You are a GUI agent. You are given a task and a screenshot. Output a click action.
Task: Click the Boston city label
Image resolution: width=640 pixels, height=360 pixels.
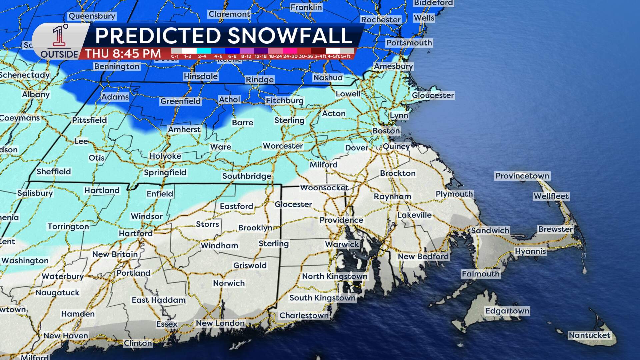pyautogui.click(x=386, y=131)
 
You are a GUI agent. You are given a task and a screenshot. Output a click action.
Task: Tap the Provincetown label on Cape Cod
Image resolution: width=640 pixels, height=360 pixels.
pyautogui.click(x=522, y=176)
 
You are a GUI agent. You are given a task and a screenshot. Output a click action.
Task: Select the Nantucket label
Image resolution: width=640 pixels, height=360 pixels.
pyautogui.click(x=589, y=335)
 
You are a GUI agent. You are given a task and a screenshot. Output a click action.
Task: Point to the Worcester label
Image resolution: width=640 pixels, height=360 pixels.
pyautogui.click(x=283, y=146)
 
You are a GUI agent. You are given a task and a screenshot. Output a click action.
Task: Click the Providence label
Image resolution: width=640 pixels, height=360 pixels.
pyautogui.click(x=341, y=220)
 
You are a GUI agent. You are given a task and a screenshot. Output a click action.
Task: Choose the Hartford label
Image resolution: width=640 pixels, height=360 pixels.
pyautogui.click(x=136, y=233)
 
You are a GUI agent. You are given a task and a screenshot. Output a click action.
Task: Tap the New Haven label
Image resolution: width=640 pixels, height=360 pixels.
pyautogui.click(x=66, y=336)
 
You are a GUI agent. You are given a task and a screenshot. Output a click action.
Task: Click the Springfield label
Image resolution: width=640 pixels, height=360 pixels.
pyautogui.click(x=165, y=172)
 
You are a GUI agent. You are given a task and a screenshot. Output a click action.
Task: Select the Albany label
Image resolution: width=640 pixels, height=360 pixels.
pyautogui.click(x=36, y=94)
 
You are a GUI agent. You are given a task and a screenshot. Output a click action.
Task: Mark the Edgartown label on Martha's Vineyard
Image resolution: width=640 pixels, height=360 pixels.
pyautogui.click(x=507, y=311)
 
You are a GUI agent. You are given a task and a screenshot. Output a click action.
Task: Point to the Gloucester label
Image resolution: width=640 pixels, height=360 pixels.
pyautogui.click(x=433, y=95)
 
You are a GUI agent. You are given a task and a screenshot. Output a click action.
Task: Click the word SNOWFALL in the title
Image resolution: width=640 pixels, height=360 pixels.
pyautogui.click(x=290, y=36)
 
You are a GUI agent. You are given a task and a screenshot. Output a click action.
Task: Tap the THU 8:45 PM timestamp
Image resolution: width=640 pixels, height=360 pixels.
pyautogui.click(x=123, y=53)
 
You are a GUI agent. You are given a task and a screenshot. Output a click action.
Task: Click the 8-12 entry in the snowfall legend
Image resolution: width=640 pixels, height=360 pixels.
pyautogui.click(x=246, y=54)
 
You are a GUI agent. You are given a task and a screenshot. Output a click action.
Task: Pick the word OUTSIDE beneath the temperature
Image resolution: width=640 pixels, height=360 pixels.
pyautogui.click(x=59, y=54)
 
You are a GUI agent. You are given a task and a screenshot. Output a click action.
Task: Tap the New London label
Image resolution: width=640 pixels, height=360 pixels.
pyautogui.click(x=220, y=323)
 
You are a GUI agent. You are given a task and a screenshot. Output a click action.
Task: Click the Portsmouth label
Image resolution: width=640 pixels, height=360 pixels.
pyautogui.click(x=409, y=43)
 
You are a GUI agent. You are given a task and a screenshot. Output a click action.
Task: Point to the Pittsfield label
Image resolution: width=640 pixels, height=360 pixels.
pyautogui.click(x=89, y=120)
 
